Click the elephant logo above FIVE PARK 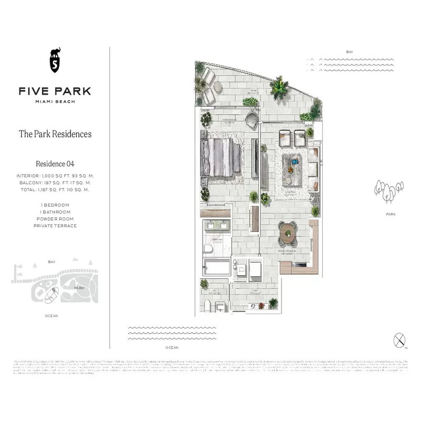tap(55, 60)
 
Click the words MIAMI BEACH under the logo tap(55, 102)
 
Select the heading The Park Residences tap(55, 134)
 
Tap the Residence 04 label tap(55, 164)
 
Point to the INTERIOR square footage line tap(55, 176)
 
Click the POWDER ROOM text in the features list tap(55, 219)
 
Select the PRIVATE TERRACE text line tap(55, 226)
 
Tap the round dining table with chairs tap(288, 233)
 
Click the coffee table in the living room tap(293, 169)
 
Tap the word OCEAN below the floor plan tap(172, 348)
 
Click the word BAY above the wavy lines tap(349, 52)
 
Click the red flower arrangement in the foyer tap(262, 306)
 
